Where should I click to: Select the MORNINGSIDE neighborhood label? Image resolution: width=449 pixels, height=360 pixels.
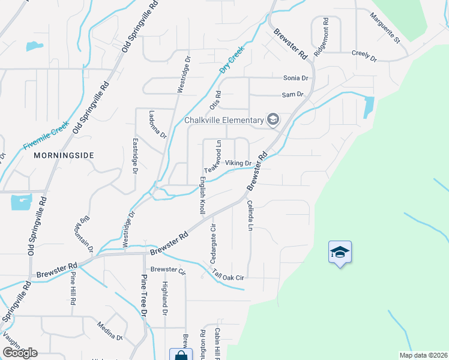(64, 155)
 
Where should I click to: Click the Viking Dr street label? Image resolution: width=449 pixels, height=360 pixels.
(237, 163)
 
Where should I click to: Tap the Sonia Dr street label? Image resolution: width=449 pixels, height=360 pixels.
(295, 78)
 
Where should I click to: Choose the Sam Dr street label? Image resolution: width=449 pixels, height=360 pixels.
(293, 95)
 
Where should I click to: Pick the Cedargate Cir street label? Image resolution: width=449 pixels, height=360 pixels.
(213, 243)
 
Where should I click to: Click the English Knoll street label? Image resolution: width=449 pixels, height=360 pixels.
(202, 195)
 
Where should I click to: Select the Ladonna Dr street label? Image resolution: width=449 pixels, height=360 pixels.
(158, 124)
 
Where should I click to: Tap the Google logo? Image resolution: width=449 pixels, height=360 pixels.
(20, 353)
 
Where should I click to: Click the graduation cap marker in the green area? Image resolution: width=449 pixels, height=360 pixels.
(340, 253)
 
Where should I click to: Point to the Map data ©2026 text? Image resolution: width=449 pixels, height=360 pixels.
(423, 355)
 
